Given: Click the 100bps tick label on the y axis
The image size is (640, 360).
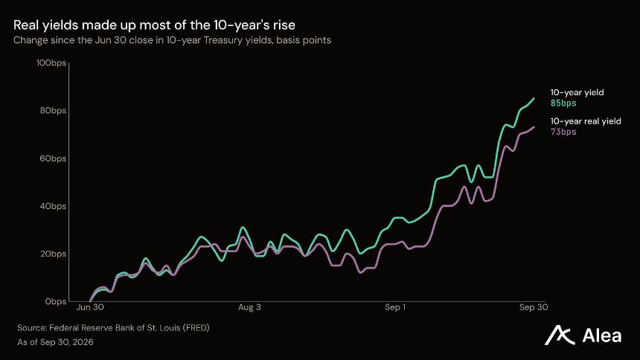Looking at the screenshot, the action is [x=51, y=63].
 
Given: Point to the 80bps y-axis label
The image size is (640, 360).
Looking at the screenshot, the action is [x=53, y=111].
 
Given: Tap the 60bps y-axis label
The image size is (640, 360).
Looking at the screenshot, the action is [x=53, y=158].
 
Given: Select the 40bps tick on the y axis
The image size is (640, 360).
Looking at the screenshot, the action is [x=53, y=206].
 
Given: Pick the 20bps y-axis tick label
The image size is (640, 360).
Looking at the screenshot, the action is [x=53, y=254].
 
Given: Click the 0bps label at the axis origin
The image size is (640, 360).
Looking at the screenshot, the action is [x=56, y=302].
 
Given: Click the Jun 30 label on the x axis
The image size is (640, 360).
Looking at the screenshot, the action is [x=90, y=307].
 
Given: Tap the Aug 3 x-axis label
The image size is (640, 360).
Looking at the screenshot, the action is [x=249, y=307].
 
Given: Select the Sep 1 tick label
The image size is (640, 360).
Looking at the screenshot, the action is [x=395, y=307].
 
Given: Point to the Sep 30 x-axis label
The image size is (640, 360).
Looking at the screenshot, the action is [x=534, y=307].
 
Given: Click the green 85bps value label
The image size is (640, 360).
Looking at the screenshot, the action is [x=563, y=103].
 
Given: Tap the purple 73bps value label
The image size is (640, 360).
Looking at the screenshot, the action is [x=563, y=132].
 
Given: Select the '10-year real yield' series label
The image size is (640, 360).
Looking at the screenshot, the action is [x=586, y=121].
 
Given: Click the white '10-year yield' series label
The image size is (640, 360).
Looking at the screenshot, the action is [x=577, y=93].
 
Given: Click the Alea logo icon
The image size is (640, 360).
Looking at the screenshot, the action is [x=560, y=335].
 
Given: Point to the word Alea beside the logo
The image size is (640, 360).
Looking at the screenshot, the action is [x=602, y=335].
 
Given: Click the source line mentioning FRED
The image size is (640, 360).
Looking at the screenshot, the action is [x=113, y=328].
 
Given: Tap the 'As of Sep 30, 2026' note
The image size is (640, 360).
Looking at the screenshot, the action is [x=55, y=342].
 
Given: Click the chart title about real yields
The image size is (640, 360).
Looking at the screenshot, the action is [x=154, y=25].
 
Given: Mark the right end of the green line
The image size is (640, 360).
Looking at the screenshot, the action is [x=534, y=98].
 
